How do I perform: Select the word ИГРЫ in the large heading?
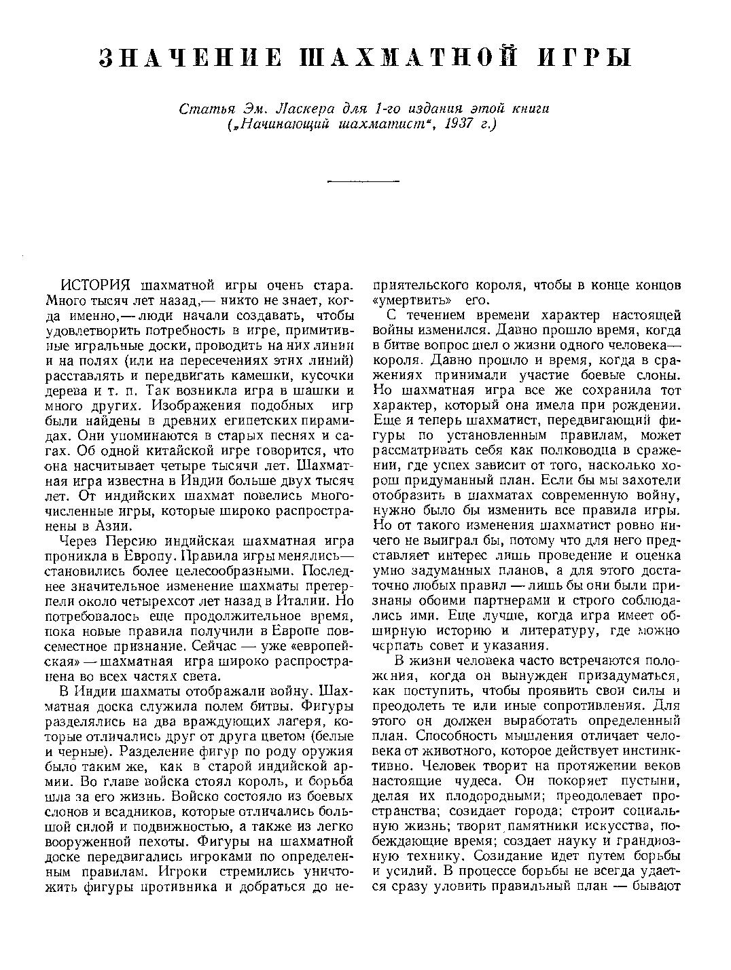point(585,58)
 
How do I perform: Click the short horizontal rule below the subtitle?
point(363,181)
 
